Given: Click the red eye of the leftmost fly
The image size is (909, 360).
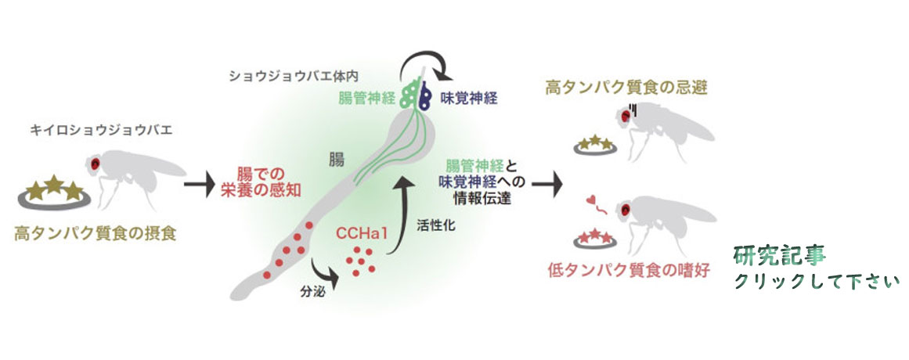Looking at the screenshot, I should click(95, 164).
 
